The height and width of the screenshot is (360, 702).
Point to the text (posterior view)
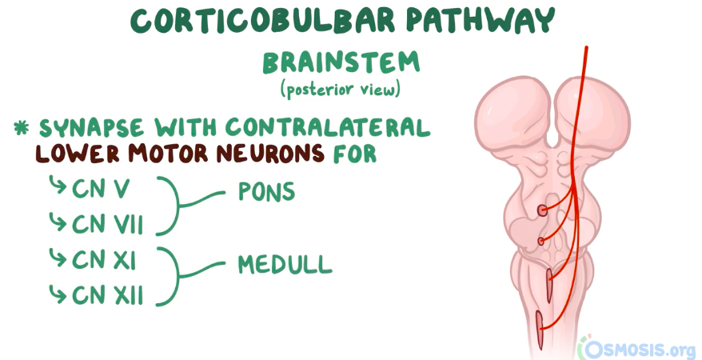pyautogui.click(x=340, y=89)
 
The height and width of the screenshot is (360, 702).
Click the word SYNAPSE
pyautogui.click(x=89, y=127)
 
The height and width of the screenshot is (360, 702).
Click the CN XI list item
pyautogui.click(x=107, y=259)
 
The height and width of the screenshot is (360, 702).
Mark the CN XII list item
pyautogui.click(x=108, y=295)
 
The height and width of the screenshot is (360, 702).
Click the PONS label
pyautogui.click(x=266, y=193)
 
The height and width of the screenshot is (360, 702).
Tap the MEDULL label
pyautogui.click(x=285, y=263)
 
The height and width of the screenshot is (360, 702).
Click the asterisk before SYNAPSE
pyautogui.click(x=22, y=127)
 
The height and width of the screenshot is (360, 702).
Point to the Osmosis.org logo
pyautogui.click(x=636, y=347)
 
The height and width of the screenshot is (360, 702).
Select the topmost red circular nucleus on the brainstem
pyautogui.click(x=542, y=210)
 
